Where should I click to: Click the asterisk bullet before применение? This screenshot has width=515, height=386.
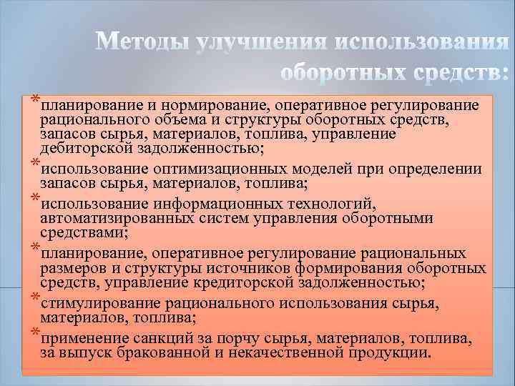pyautogui.click(x=35, y=334)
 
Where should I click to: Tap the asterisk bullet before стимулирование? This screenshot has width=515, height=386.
pyautogui.click(x=35, y=298)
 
